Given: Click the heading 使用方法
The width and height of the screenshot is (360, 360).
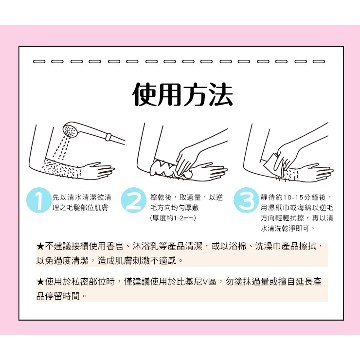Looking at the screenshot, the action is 183,94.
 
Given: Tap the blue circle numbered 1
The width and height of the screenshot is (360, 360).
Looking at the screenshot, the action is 38,200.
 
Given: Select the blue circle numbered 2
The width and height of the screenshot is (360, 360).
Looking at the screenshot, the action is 134,200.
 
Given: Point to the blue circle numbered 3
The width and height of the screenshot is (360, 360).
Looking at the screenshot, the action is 246,200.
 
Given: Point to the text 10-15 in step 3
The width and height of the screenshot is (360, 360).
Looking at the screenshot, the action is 293,198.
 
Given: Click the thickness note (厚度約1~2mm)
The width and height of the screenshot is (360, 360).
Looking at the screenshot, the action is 173,218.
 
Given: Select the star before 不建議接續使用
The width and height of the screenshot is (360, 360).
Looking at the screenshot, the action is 40,247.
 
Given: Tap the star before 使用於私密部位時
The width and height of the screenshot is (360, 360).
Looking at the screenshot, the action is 40,282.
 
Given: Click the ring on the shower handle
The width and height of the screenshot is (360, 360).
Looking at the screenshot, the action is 108,137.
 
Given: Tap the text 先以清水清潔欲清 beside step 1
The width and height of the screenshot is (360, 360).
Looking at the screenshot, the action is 82,197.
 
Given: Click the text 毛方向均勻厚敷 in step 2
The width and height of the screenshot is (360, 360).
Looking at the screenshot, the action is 175,208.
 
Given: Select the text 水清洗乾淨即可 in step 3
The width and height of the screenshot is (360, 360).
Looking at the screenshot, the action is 285,228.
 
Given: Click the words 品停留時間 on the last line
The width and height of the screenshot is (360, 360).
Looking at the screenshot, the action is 58,296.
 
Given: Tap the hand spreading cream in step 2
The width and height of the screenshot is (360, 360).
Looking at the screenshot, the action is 195,154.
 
